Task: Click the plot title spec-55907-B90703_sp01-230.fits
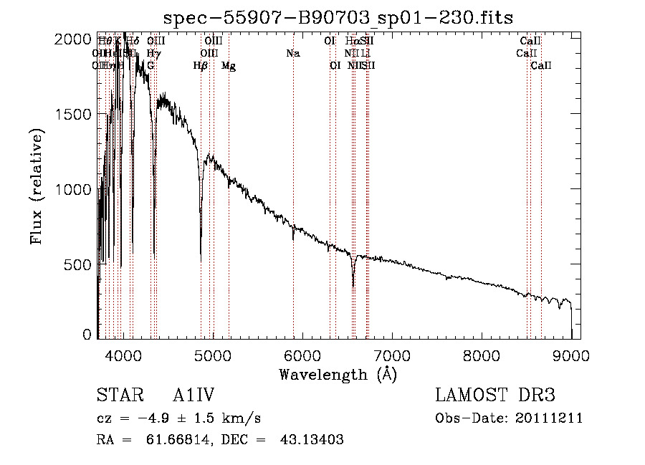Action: pyautogui.click(x=339, y=16)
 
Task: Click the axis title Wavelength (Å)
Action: pyautogui.click(x=338, y=374)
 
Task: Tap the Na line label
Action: pyautogui.click(x=292, y=54)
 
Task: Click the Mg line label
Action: pyautogui.click(x=229, y=66)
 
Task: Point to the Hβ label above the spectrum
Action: pyautogui.click(x=201, y=66)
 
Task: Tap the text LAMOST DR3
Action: pyautogui.click(x=494, y=396)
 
